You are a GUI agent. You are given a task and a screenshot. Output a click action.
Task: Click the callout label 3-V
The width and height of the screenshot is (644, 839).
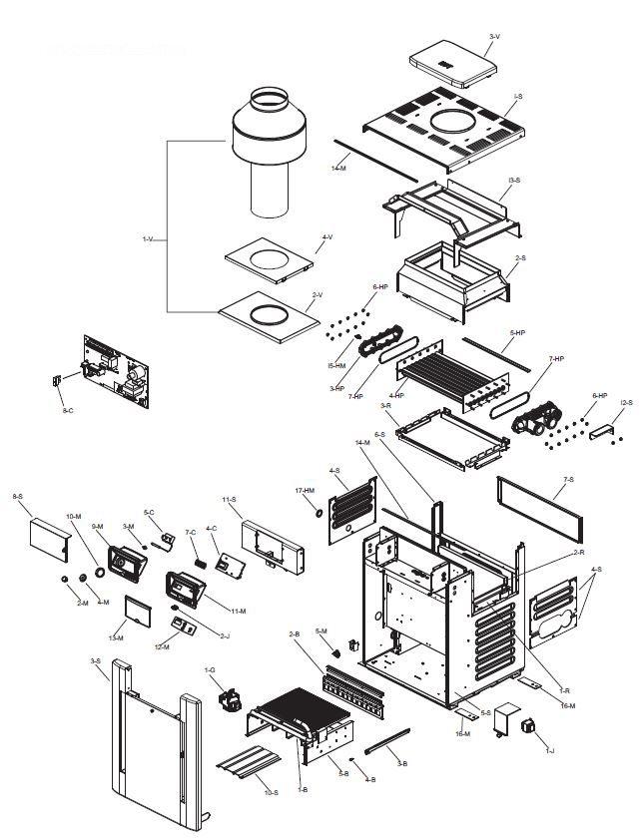(x=494, y=37)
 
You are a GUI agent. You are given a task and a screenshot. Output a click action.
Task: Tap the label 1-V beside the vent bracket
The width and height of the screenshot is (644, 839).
(x=148, y=239)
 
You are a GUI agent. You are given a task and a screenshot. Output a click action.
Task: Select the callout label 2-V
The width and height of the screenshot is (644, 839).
(x=318, y=295)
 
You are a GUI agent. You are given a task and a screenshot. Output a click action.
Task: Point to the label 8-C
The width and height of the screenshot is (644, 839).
(x=67, y=410)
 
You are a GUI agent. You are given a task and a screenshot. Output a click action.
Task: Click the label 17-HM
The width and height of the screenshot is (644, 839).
(x=306, y=490)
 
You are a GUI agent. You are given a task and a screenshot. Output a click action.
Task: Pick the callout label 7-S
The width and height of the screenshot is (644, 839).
(x=568, y=480)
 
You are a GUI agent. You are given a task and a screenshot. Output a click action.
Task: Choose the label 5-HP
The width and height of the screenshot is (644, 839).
(x=517, y=332)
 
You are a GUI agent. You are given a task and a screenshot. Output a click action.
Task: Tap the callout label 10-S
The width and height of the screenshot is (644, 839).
(x=271, y=791)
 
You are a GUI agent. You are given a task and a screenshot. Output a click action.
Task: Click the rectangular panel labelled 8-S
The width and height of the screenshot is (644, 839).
(x=47, y=540)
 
